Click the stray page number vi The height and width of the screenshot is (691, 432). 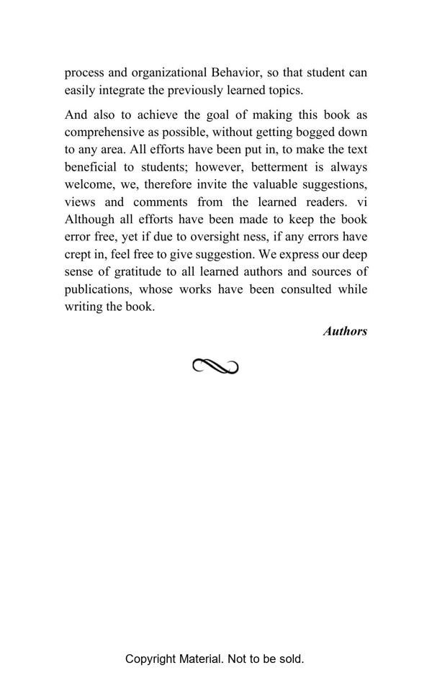361,202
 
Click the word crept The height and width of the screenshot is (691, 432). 79,255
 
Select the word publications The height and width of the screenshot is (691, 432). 98,289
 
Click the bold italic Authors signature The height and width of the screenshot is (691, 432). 345,331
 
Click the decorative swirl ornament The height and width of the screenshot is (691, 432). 215,367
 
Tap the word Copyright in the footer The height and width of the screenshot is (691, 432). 150,659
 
